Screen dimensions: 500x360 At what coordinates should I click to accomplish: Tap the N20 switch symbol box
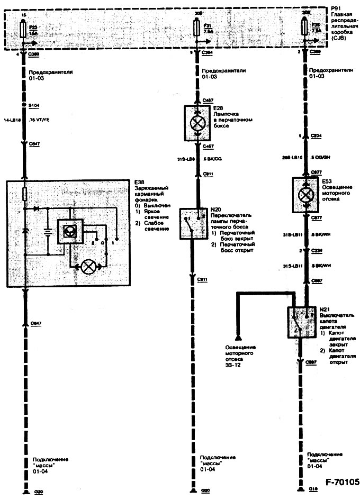[192, 223]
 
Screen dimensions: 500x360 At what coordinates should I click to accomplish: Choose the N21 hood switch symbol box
[300, 322]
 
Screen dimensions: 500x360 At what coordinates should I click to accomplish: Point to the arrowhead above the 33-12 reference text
[238, 338]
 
